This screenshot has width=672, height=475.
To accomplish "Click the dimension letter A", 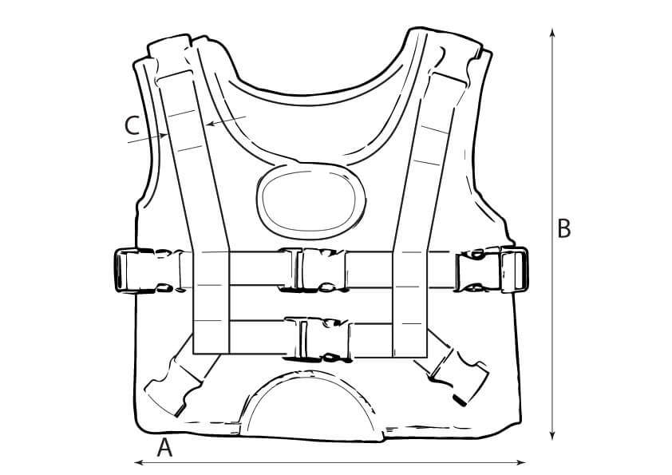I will (164, 448).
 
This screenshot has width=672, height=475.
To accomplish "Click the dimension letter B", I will (563, 229).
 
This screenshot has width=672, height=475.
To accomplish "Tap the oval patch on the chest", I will (312, 198).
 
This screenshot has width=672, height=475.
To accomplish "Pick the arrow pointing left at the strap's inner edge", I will (212, 124).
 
